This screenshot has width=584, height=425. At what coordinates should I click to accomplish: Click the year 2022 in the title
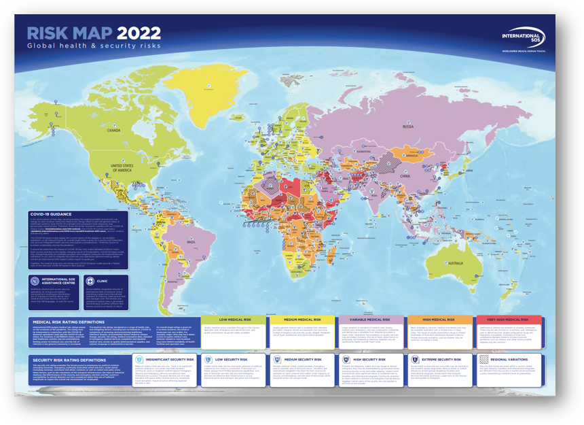coord(139,33)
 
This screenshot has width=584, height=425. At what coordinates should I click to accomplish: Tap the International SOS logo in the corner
coord(521,39)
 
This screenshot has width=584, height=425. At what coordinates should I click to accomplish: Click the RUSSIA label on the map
coord(409,126)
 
